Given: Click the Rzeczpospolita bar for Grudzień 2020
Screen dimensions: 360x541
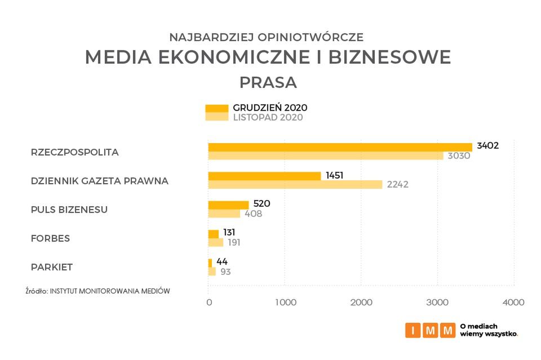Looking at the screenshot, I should pos(340,147).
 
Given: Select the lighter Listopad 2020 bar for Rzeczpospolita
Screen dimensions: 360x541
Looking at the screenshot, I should pos(326,155).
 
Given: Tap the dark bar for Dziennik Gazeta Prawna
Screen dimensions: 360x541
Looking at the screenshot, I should pos(264,176).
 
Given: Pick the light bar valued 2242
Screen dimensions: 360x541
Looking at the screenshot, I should pos(295,184).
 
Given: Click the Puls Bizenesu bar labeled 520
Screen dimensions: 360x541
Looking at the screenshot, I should pos(228,205).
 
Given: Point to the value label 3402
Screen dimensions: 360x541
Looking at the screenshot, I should pos(487,145).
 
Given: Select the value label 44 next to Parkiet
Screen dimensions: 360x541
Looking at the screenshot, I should pos(222,261).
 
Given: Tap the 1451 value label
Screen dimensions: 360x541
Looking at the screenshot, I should pos(334,175).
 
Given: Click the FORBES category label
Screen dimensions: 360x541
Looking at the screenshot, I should pos(50,238).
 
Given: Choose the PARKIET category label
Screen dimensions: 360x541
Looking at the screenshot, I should pos(51,267).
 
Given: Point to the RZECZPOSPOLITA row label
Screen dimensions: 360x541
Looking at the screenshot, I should pos(74,152).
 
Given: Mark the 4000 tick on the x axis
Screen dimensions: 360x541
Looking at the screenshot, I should pos(513,303).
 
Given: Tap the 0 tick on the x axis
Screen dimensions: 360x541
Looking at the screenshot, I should pos(209,303).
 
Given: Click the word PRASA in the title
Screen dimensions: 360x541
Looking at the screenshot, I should pos(268,82).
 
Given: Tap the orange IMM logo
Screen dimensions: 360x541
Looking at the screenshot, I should pos(429,330).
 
